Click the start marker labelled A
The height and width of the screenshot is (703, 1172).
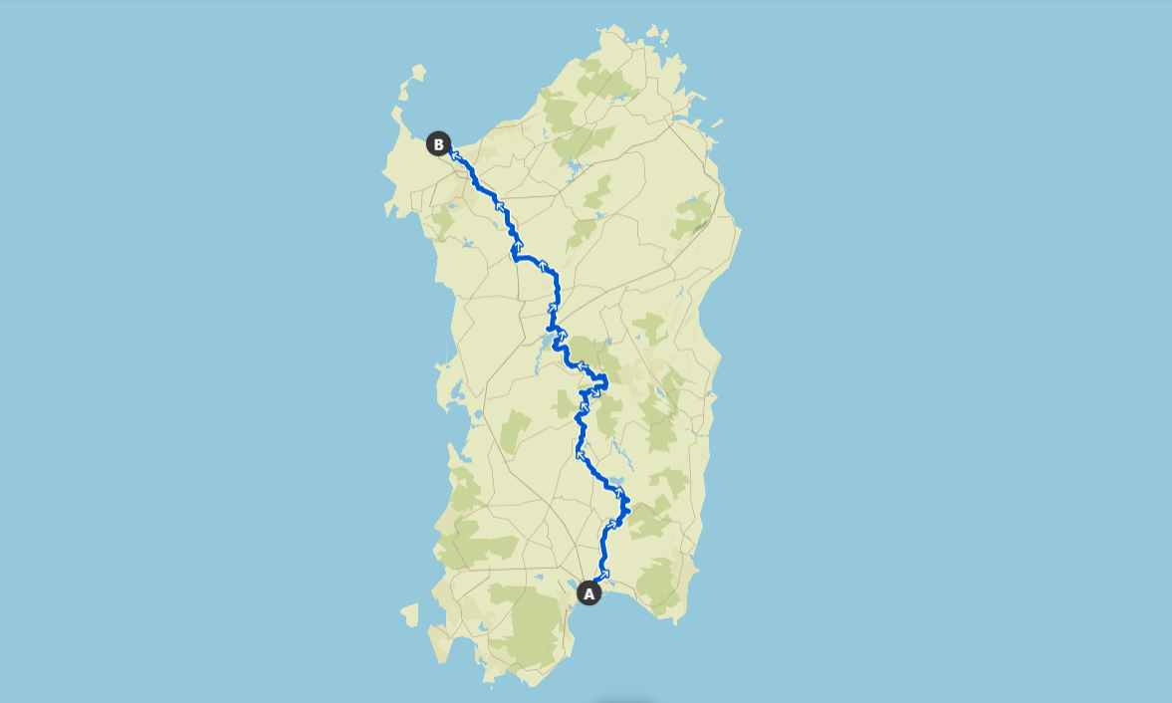(588, 593)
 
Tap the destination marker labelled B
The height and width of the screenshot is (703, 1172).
(438, 144)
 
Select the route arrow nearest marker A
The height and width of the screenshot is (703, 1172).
(604, 574)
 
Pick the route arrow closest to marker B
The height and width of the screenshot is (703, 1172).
(455, 154)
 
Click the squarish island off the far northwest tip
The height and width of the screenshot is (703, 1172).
(418, 72)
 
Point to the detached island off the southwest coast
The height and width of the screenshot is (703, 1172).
(409, 615)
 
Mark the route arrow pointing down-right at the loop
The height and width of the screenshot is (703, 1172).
(595, 393)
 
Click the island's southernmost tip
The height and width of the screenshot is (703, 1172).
(534, 685)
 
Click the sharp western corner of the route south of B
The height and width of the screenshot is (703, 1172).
(513, 257)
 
